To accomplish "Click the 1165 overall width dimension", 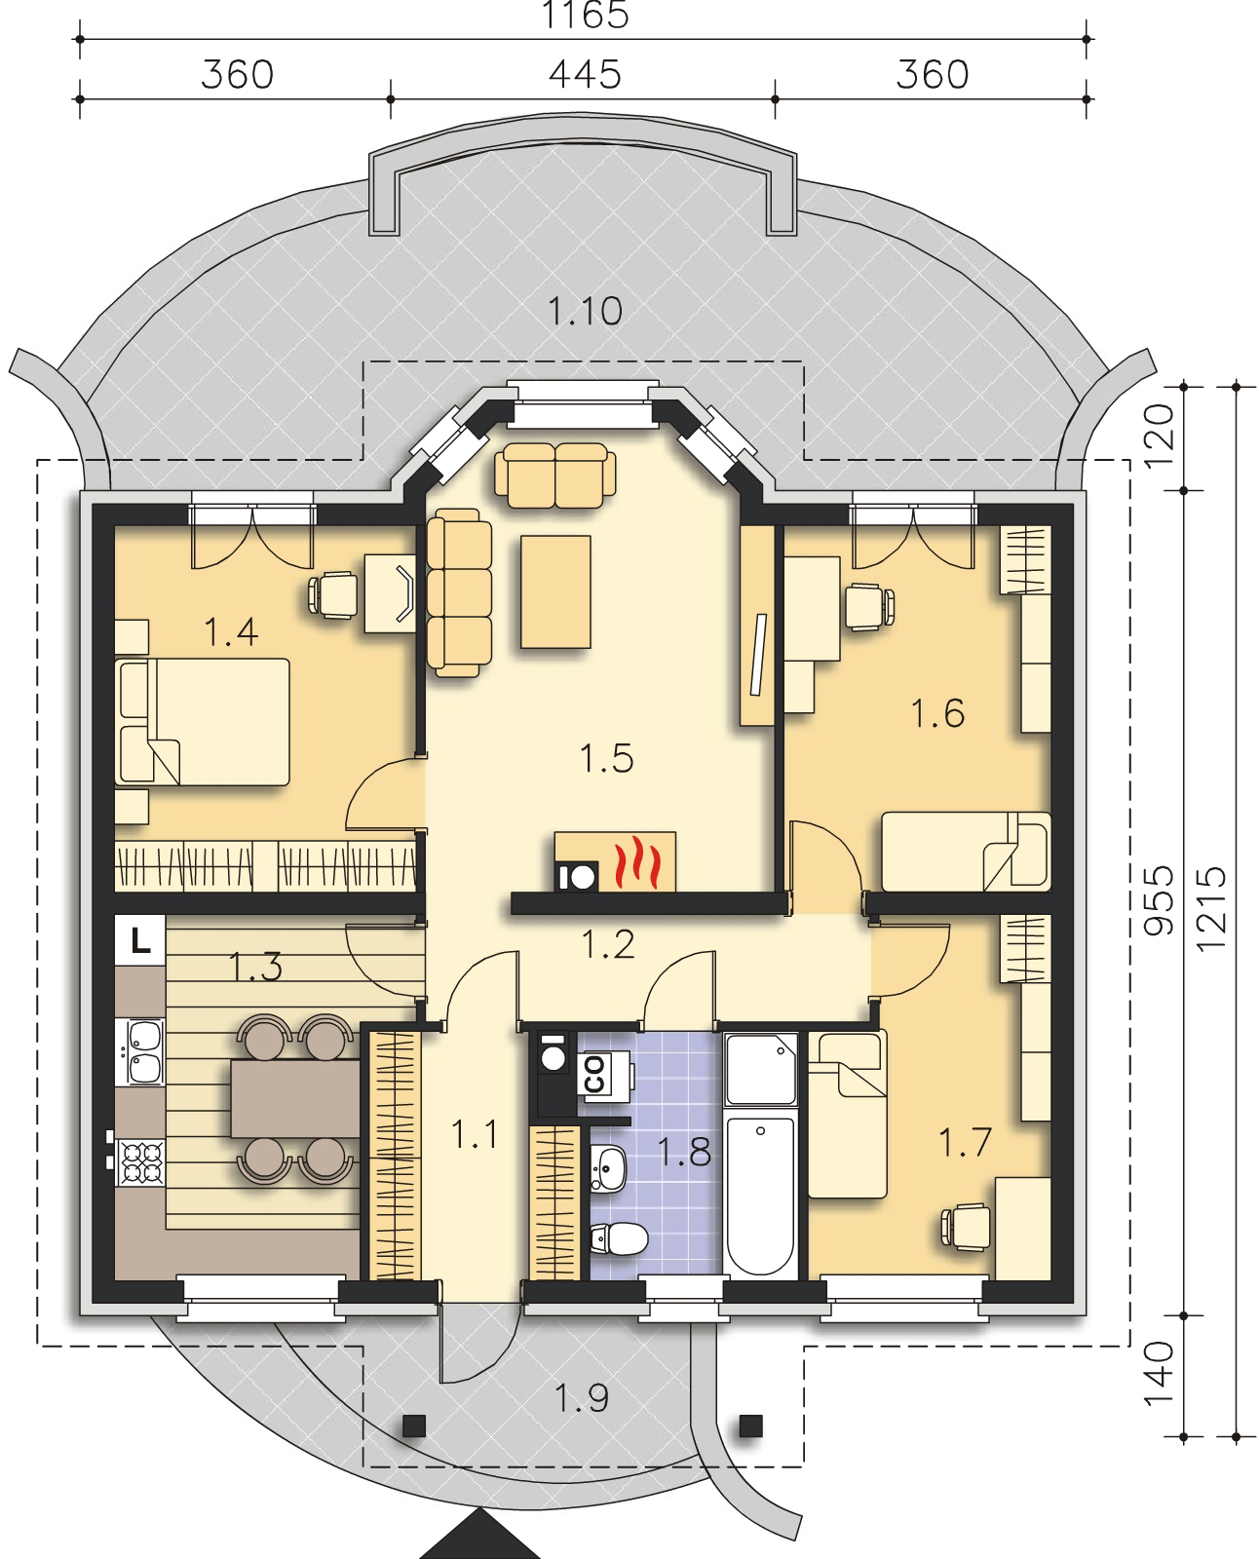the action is coord(584,15).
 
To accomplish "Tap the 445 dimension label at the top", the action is coord(585,75).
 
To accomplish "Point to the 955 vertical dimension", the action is coord(1159,900).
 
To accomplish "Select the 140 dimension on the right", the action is coord(1159,1374).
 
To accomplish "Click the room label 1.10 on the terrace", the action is coord(585,311).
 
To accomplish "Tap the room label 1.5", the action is coord(606,758).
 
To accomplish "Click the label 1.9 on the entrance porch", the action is coord(582,1398).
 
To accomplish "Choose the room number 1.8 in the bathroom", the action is coord(684,1152).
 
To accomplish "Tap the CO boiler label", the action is coord(594,1074).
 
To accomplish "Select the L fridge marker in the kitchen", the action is coord(139,940).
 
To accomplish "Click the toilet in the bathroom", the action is coord(619,1239).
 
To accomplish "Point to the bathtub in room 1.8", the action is coord(760,1196).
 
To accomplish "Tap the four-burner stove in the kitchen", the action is coord(141,1163).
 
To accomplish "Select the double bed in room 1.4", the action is coord(202,722).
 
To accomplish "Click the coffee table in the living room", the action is coord(555,591).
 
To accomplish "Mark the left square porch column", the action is coord(414,1426).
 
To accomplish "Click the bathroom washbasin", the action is coord(609,1166).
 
